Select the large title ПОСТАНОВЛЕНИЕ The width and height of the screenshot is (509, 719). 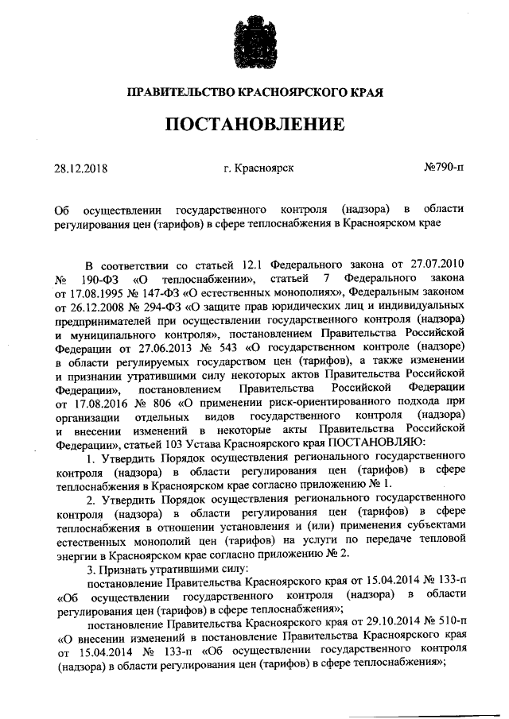[x=254, y=124]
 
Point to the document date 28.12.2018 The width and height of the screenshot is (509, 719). [x=80, y=168]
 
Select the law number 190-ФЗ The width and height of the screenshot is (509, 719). [x=103, y=280]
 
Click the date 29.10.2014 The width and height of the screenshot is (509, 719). [x=371, y=617]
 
